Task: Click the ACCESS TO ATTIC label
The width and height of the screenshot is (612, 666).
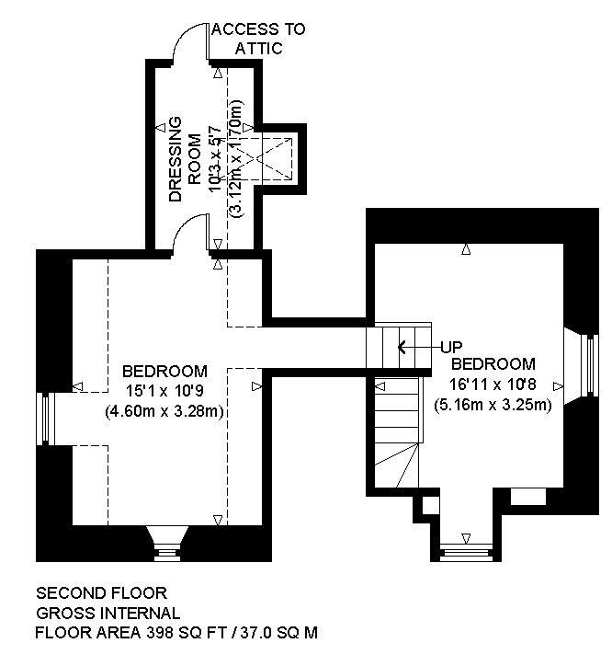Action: (x=258, y=39)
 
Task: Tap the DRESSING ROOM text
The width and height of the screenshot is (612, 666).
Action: (x=185, y=159)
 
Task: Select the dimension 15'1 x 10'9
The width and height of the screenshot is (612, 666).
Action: (x=164, y=391)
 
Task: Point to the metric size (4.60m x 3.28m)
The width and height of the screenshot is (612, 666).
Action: (x=164, y=411)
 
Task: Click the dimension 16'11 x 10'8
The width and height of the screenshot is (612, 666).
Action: (x=493, y=385)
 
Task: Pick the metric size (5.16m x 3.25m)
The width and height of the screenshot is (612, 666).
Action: (x=493, y=405)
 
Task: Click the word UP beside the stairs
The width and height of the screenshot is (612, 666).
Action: (x=451, y=347)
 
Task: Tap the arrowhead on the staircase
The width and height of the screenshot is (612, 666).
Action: (x=402, y=347)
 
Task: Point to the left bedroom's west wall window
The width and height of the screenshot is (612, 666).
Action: (x=45, y=419)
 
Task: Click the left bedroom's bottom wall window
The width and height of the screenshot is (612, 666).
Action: (x=168, y=544)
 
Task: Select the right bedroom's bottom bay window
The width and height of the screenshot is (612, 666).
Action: (x=466, y=553)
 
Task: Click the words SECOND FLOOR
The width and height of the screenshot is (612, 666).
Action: (x=101, y=592)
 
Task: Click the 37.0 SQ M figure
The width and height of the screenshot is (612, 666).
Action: (x=279, y=633)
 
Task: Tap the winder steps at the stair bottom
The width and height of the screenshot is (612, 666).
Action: (x=396, y=465)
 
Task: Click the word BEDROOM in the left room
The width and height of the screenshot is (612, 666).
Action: (x=164, y=372)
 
